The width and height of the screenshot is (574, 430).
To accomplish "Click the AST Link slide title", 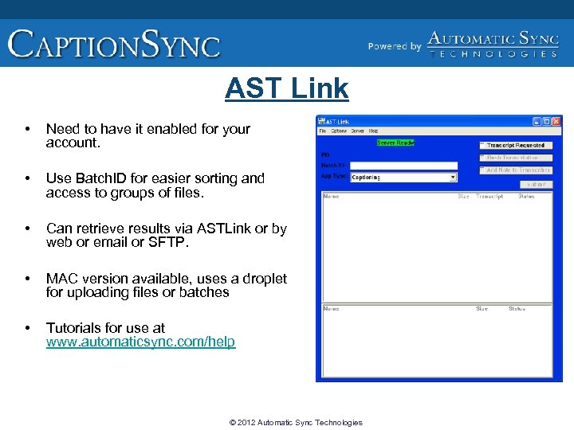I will pyautogui.click(x=286, y=88).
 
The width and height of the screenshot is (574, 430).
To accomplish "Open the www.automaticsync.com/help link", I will pyautogui.click(x=140, y=342).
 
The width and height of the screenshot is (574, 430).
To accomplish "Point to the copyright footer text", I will pyautogui.click(x=295, y=422).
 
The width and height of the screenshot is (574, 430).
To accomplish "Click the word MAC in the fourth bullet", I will pyautogui.click(x=62, y=278).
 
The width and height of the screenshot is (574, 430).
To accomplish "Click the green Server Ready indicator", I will pyautogui.click(x=395, y=143).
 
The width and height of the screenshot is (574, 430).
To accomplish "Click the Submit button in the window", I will pyautogui.click(x=537, y=184).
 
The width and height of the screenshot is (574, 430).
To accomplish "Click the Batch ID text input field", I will pyautogui.click(x=404, y=166).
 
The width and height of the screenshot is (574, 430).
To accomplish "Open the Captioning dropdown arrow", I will pyautogui.click(x=453, y=178).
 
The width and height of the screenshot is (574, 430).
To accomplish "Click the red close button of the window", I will pyautogui.click(x=556, y=120).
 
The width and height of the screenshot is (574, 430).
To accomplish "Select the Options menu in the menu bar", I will pyautogui.click(x=339, y=131).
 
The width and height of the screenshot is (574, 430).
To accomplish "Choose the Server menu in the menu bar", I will pyautogui.click(x=357, y=131).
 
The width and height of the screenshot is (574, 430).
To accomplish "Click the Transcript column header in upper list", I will pyautogui.click(x=489, y=196).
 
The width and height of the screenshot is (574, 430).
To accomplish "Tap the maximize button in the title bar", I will pyautogui.click(x=547, y=120).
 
